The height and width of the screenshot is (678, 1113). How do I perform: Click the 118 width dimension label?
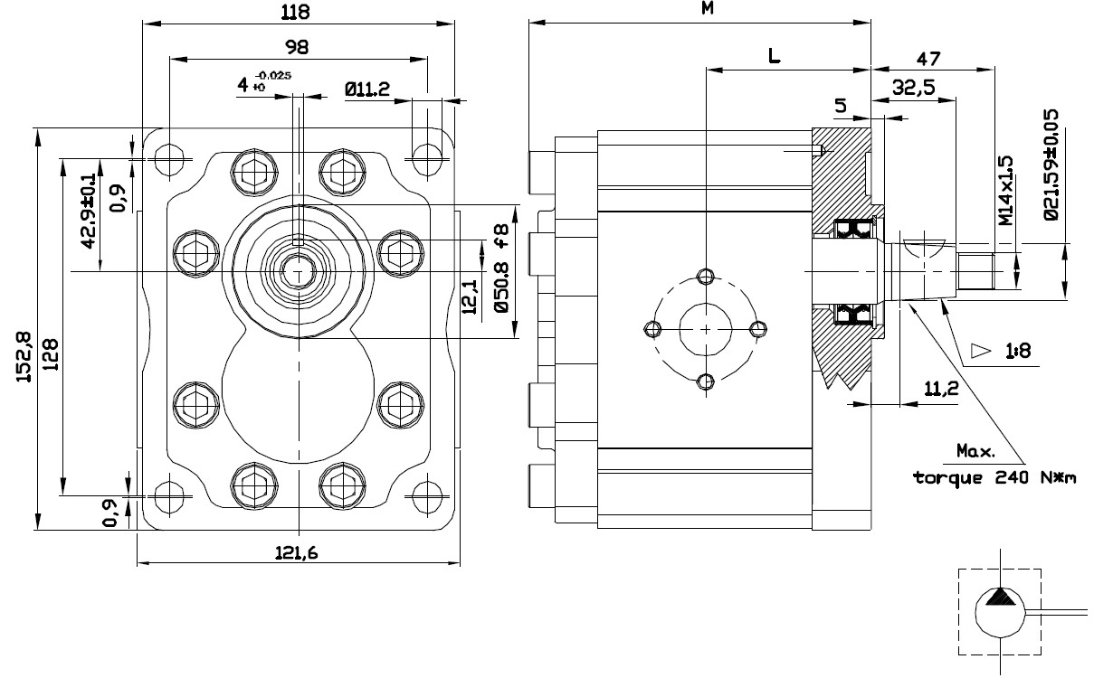296,12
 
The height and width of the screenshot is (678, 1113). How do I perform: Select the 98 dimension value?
297,47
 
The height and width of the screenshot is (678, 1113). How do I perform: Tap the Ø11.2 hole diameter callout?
367,89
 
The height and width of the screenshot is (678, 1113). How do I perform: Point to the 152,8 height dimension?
24,357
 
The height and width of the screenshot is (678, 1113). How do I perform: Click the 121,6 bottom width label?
296,552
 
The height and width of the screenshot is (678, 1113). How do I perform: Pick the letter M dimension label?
708,8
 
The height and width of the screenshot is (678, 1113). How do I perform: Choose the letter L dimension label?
775,55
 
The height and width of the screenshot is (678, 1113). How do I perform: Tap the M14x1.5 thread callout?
1005,191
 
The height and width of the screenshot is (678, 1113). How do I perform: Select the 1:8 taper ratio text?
1018,352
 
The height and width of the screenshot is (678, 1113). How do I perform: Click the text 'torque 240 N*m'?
994,478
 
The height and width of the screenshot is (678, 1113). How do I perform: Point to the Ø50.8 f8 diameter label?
502,268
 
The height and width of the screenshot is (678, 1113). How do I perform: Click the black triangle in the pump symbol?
1000,598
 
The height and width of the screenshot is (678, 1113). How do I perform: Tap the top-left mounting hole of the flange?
169,160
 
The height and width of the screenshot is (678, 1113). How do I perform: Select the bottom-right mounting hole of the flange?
427,495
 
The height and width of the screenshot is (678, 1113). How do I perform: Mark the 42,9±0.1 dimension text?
88,211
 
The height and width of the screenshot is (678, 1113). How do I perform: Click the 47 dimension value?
928,59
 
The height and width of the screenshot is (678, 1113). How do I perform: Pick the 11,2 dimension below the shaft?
941,389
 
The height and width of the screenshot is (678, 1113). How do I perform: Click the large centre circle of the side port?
706,330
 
